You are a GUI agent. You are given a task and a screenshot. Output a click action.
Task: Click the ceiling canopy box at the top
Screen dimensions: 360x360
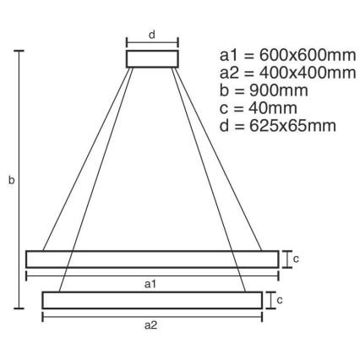click(152, 58)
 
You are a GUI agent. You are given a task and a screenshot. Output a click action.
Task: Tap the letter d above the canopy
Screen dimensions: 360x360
click(152, 35)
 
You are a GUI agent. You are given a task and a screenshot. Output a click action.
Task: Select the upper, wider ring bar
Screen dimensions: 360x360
click(152, 259)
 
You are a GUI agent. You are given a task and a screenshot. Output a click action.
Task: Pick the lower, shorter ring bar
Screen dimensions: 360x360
click(152, 299)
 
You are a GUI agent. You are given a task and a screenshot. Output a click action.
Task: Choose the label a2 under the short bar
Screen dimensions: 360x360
click(152, 325)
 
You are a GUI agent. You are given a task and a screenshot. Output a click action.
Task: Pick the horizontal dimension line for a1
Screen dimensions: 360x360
click(85, 275)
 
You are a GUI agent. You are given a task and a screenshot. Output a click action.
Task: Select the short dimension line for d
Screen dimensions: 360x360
click(152, 43)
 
